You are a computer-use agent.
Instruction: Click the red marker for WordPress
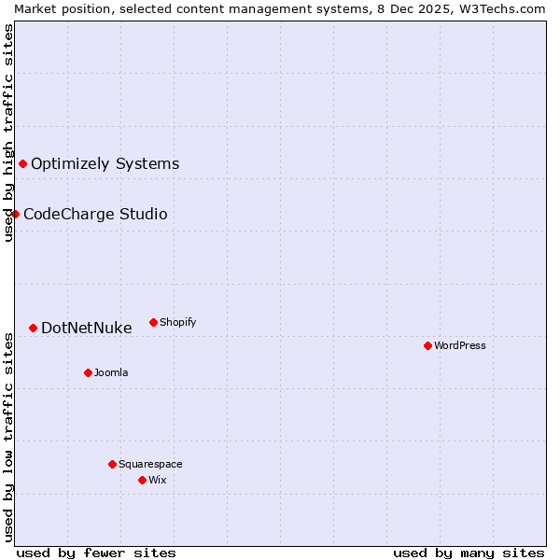[427, 345]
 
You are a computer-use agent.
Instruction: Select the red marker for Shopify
[153, 322]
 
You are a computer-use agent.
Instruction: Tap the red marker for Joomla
[88, 372]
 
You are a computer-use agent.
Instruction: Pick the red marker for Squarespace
[112, 464]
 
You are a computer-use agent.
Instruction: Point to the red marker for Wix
[142, 480]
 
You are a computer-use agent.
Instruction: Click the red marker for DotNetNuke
[33, 328]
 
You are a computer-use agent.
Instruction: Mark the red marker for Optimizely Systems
[22, 164]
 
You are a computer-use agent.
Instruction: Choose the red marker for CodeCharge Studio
[15, 214]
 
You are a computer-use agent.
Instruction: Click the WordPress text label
[460, 345]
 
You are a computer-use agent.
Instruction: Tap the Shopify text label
[177, 322]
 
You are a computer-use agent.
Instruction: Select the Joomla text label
[111, 372]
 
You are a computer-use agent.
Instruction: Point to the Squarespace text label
[150, 464]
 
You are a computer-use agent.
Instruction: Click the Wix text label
[158, 480]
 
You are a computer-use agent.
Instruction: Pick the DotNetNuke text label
[87, 328]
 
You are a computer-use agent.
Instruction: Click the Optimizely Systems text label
[105, 164]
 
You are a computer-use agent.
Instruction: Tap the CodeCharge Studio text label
[95, 214]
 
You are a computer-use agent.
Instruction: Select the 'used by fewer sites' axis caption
[96, 553]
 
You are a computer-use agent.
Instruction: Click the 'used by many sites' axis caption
[469, 553]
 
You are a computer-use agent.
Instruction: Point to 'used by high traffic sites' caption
[8, 133]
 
